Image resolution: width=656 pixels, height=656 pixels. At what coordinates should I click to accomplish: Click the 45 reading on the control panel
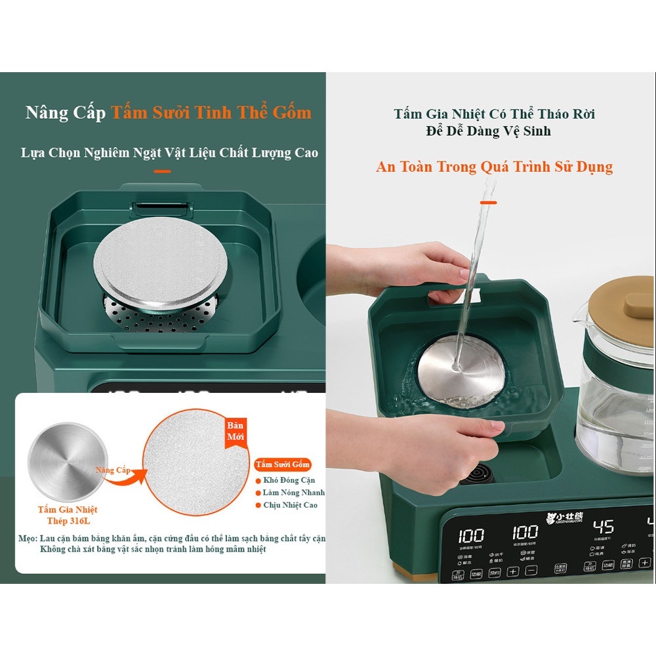[x=604, y=527]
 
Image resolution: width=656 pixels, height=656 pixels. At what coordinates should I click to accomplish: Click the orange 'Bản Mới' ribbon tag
[x=235, y=430]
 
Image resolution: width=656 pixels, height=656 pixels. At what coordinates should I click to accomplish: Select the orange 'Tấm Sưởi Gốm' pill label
[x=283, y=464]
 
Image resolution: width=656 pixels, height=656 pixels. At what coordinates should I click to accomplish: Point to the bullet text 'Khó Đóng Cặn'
[x=289, y=480]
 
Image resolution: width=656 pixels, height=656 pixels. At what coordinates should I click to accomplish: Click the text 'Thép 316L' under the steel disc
[x=67, y=521]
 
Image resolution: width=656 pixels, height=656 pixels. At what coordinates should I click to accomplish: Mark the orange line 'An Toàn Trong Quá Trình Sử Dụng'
[x=494, y=167]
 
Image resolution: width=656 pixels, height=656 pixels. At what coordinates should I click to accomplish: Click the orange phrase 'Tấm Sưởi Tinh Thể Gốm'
[x=211, y=112]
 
